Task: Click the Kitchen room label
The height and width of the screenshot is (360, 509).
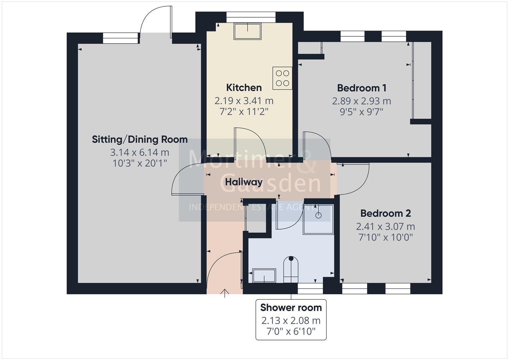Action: click(244, 88)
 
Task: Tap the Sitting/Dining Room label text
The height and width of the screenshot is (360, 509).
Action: click(140, 139)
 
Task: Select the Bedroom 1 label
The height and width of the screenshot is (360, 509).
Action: click(362, 88)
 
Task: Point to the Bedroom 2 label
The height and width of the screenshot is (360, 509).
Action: click(385, 213)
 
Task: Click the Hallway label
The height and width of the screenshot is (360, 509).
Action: click(244, 182)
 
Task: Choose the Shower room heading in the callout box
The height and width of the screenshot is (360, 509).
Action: click(291, 307)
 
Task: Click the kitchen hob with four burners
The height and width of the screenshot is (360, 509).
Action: click(282, 78)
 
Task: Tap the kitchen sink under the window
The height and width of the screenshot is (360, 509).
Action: click(248, 31)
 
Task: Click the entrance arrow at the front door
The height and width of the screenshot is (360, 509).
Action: click(225, 293)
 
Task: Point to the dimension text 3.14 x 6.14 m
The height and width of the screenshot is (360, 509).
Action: click(140, 152)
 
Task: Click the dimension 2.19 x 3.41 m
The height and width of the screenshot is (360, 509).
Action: click(244, 101)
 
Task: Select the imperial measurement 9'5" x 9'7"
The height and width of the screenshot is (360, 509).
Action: click(362, 112)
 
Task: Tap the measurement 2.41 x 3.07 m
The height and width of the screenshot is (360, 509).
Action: click(385, 227)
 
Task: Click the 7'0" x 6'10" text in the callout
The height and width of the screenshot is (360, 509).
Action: click(291, 331)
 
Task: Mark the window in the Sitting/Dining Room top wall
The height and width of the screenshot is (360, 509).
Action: click(120, 38)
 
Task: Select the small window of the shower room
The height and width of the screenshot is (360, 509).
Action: click(310, 288)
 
